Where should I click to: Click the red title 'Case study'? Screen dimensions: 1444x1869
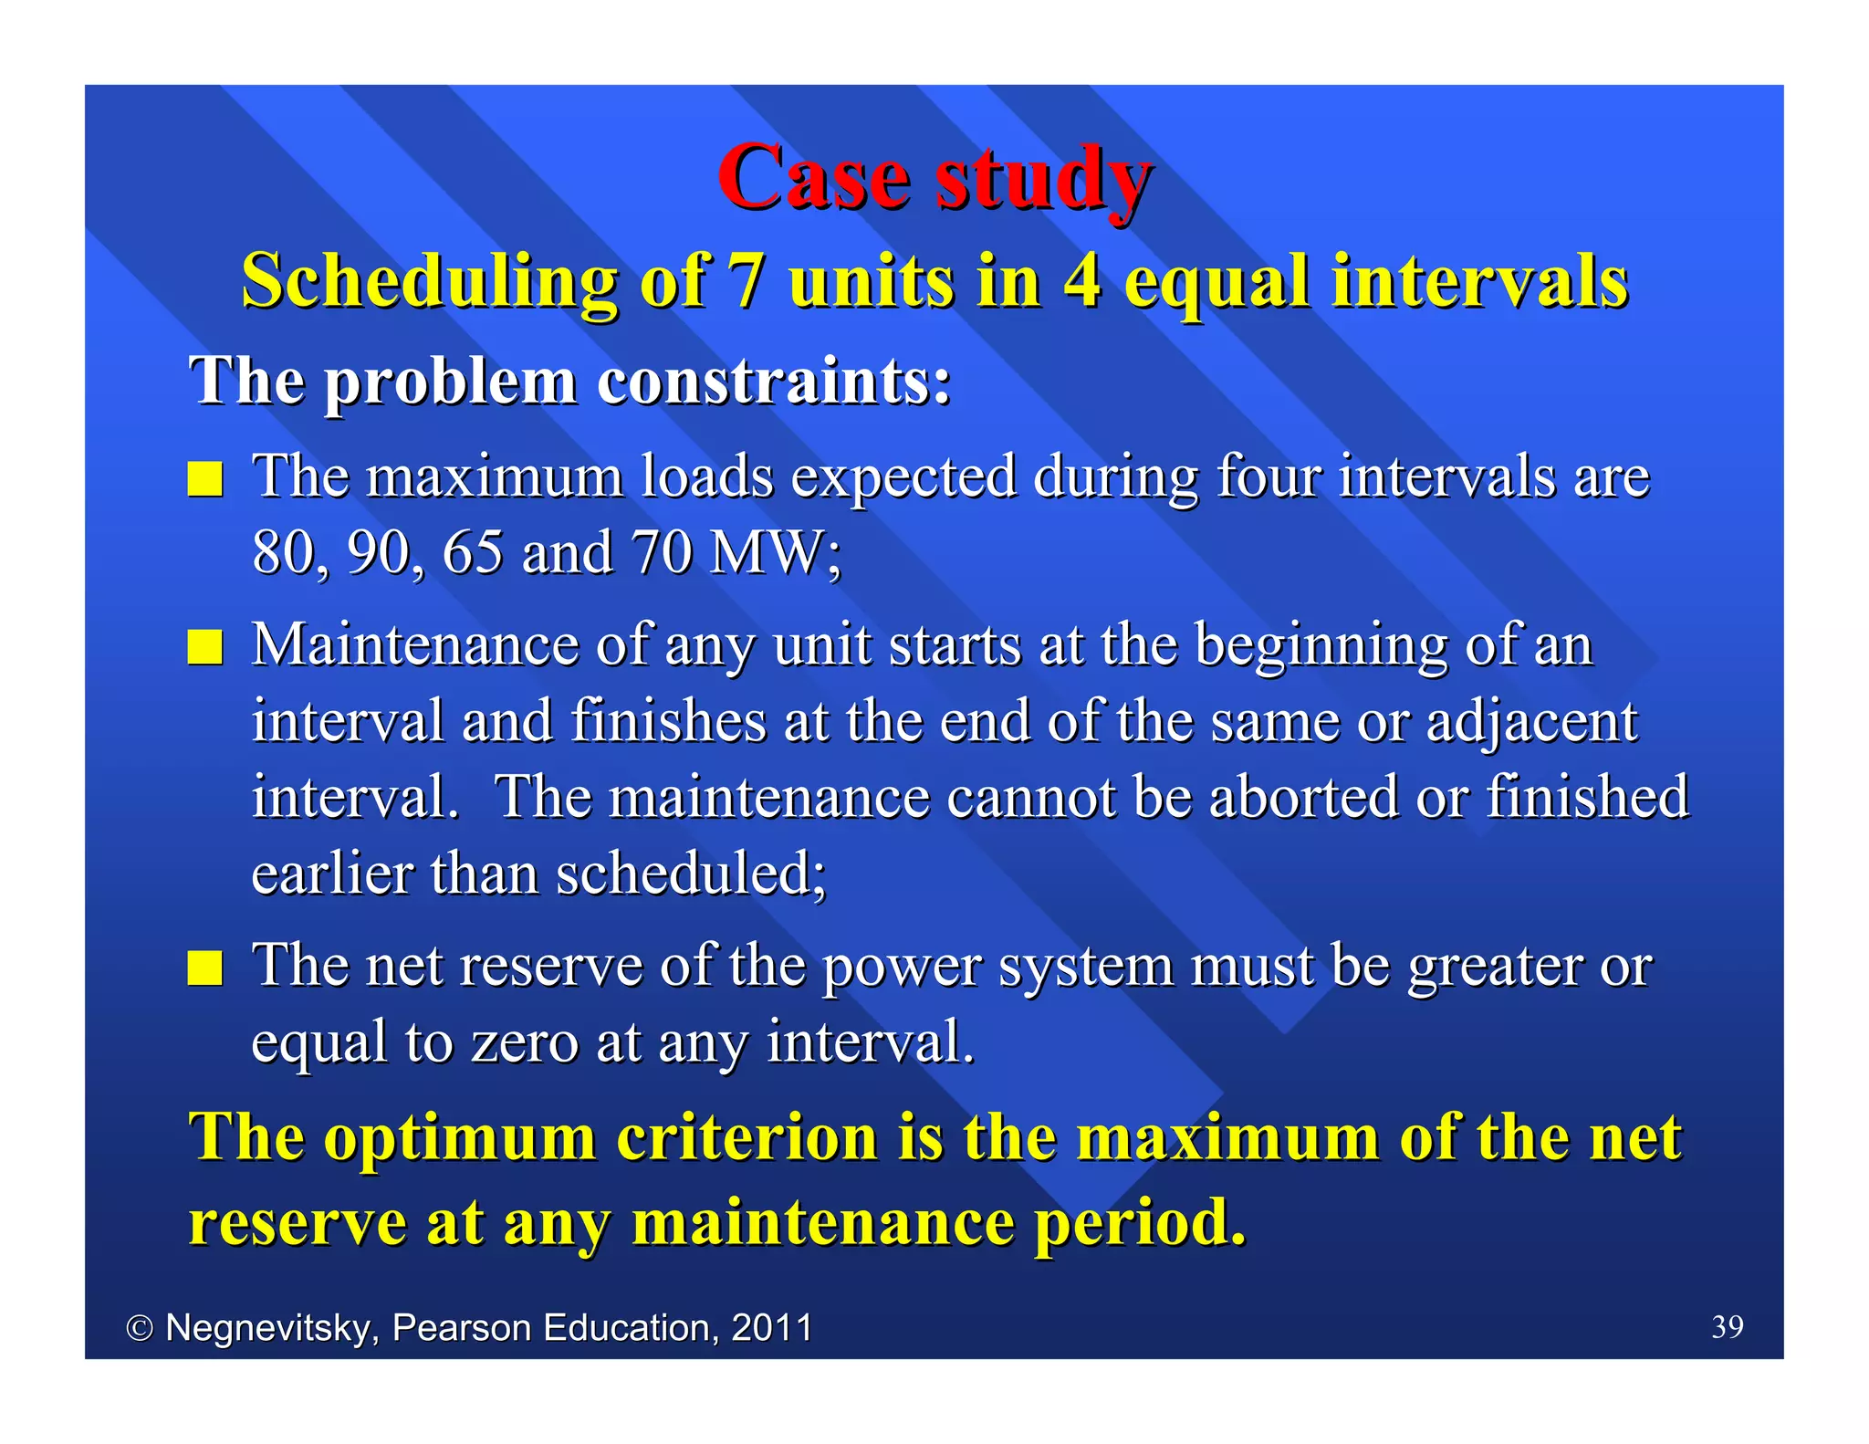[934, 178]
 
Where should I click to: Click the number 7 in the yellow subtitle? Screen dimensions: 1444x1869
[746, 280]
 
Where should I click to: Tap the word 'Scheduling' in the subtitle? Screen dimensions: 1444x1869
[429, 282]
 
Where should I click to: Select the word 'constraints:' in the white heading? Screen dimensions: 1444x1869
[773, 381]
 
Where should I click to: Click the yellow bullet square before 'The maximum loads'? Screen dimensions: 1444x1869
[205, 478]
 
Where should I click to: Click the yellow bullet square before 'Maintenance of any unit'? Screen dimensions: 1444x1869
[205, 647]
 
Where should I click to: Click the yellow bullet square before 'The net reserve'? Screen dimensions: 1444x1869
[205, 968]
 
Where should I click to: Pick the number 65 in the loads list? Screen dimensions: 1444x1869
[473, 553]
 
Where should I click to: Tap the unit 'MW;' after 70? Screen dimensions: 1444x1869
[776, 553]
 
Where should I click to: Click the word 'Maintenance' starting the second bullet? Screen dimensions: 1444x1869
[415, 645]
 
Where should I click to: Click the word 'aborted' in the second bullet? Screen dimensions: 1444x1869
[1305, 798]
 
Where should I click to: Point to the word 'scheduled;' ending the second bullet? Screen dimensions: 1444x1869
[691, 874]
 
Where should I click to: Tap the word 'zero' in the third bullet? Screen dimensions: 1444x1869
[525, 1042]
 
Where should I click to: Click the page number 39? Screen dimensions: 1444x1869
[1727, 1326]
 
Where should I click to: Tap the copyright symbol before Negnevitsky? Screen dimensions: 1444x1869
[140, 1328]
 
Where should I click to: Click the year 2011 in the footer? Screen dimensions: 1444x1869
[772, 1327]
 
